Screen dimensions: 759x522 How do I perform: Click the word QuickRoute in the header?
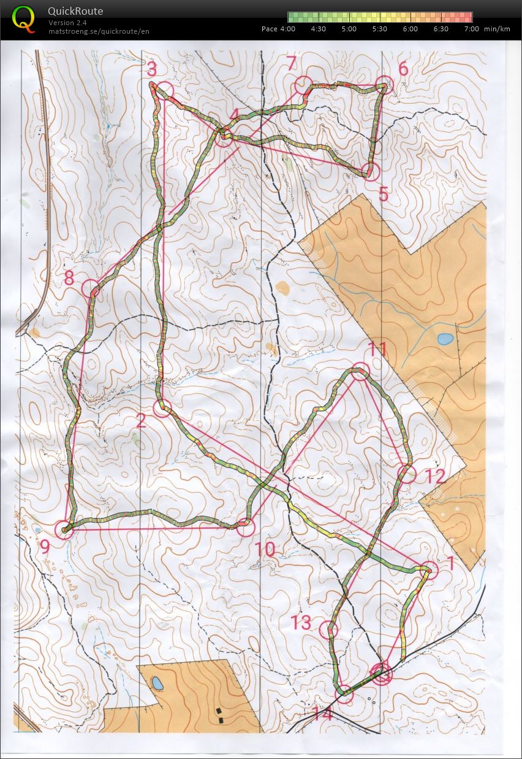75,11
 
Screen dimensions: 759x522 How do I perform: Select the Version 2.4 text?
68,23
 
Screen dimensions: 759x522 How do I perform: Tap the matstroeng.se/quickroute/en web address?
99,31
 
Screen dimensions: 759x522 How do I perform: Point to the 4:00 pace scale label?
287,29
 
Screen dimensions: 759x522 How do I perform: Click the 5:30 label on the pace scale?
380,29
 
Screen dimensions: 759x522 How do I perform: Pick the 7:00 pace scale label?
471,29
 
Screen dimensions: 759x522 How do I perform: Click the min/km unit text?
497,29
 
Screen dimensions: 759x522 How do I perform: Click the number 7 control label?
291,63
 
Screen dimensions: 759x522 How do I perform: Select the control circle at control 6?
384,85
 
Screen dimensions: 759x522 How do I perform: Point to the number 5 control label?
383,195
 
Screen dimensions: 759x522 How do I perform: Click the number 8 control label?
69,278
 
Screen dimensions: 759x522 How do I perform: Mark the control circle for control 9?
64,529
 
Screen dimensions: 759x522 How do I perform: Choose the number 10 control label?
265,550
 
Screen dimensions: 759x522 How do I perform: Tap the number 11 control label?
377,349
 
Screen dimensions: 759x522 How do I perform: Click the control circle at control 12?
407,474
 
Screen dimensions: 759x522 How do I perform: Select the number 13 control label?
301,623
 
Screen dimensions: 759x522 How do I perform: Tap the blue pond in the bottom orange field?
157,683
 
